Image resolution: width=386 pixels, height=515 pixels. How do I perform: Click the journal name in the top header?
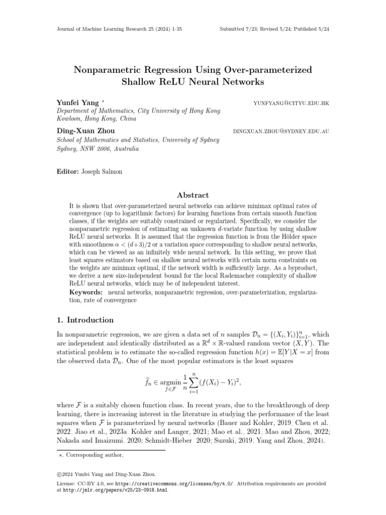coord(118,29)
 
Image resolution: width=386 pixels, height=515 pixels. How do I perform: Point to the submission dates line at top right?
coord(274,29)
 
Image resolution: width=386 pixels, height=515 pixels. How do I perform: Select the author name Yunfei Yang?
coord(78,103)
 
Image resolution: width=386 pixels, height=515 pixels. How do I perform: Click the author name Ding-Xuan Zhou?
coord(86,131)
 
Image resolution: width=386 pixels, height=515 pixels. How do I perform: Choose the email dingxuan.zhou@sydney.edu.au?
coord(281,131)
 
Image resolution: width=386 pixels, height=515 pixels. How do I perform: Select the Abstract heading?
coord(193,195)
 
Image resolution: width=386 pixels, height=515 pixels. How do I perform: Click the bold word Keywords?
coord(85,292)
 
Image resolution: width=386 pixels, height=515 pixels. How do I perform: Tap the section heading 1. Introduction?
coord(85,320)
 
